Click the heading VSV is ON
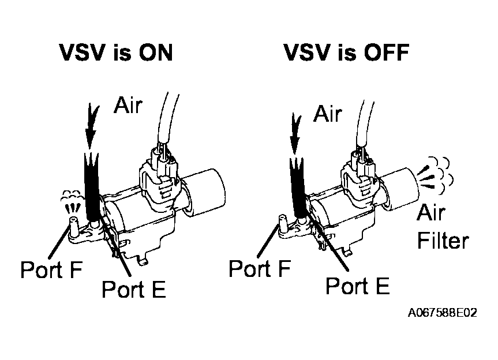tap(116, 53)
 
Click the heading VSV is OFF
tap(346, 53)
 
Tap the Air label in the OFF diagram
tap(327, 113)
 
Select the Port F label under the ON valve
tap(51, 269)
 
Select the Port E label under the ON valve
tap(134, 289)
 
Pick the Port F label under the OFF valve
tap(259, 268)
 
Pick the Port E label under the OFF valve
tap(358, 284)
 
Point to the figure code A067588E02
tap(443, 313)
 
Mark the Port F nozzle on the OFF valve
tap(282, 223)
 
